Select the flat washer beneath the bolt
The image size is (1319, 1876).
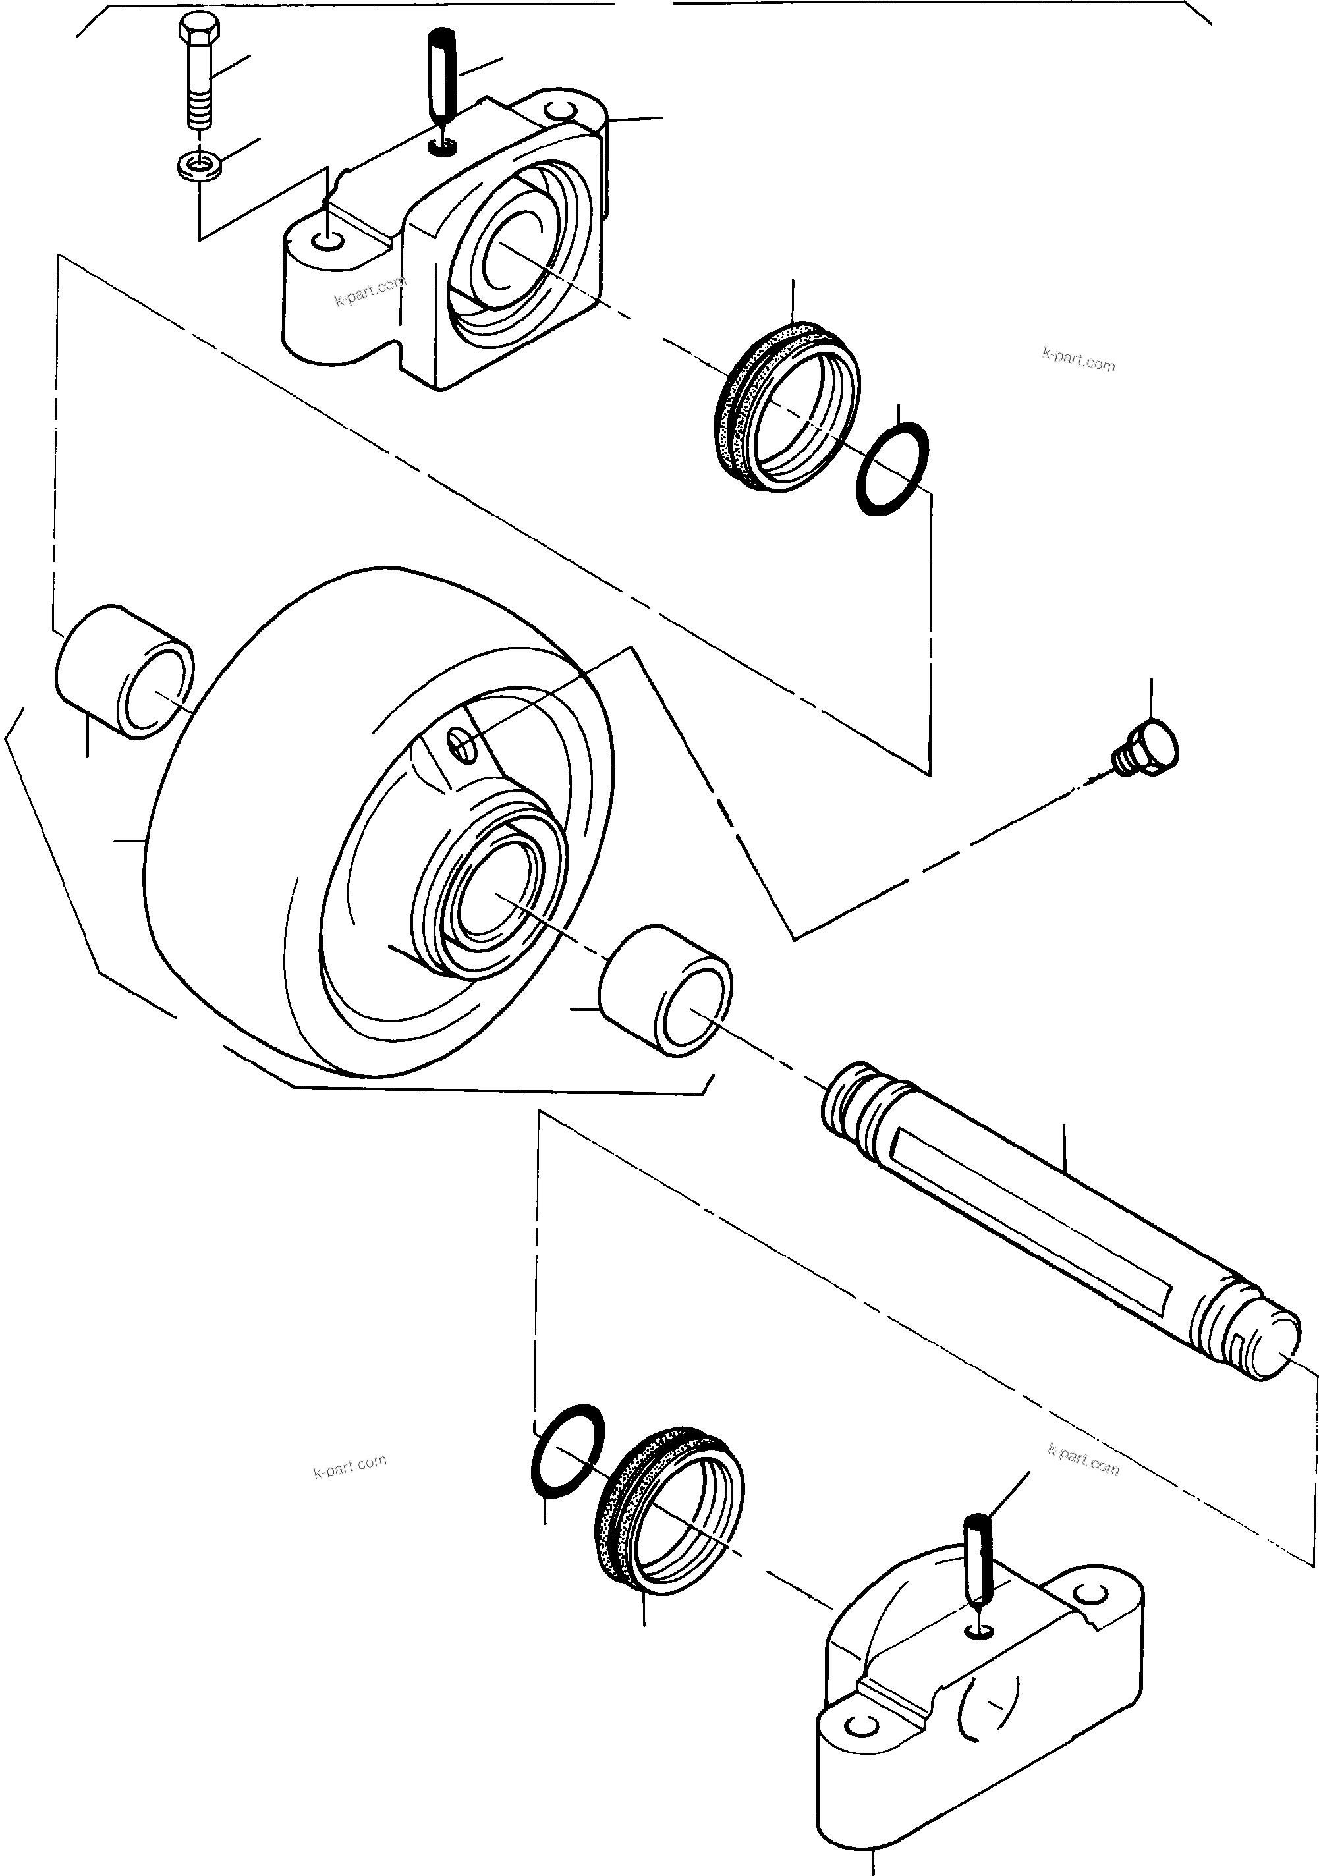click(x=200, y=166)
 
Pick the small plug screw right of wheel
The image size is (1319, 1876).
click(x=1148, y=744)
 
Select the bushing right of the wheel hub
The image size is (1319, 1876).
click(x=666, y=989)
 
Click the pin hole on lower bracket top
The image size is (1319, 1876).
click(x=978, y=1631)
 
